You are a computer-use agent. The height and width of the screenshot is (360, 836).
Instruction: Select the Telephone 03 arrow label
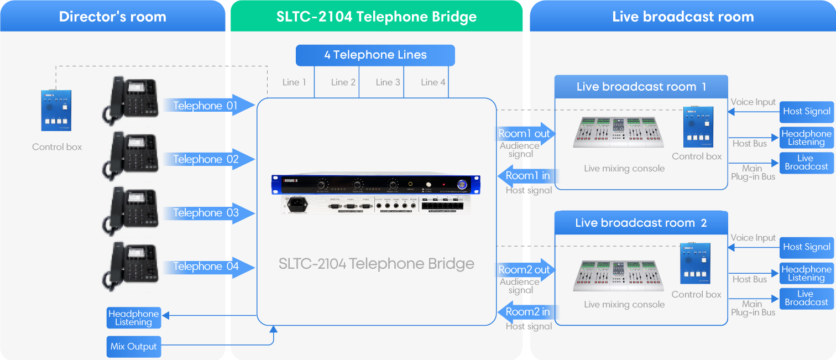(x=206, y=213)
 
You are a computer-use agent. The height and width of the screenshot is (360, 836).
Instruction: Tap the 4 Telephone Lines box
(x=375, y=55)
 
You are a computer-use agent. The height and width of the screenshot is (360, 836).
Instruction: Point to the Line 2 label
(x=343, y=82)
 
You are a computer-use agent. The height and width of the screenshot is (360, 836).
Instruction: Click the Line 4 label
(x=432, y=82)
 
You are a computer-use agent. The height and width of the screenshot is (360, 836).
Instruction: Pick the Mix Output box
(x=133, y=347)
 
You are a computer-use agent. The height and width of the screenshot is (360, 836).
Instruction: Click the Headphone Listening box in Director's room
(x=133, y=317)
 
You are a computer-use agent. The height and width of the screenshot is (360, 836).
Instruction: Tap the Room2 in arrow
(x=527, y=312)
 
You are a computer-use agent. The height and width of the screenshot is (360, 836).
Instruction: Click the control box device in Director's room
(x=56, y=110)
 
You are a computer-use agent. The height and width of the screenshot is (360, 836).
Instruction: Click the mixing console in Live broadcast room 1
(x=618, y=132)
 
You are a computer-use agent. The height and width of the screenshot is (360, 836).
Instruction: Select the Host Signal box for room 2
(x=807, y=247)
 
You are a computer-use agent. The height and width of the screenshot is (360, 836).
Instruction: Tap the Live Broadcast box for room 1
(x=807, y=163)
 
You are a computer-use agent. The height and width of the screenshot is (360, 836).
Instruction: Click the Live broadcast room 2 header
(x=641, y=223)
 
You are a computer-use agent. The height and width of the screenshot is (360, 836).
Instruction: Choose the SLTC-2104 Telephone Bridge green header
(x=377, y=17)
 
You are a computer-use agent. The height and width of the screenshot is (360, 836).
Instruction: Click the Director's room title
(x=112, y=17)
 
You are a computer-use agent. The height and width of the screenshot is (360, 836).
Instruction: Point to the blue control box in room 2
(x=695, y=264)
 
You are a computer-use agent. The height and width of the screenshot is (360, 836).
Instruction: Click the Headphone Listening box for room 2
(x=807, y=274)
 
